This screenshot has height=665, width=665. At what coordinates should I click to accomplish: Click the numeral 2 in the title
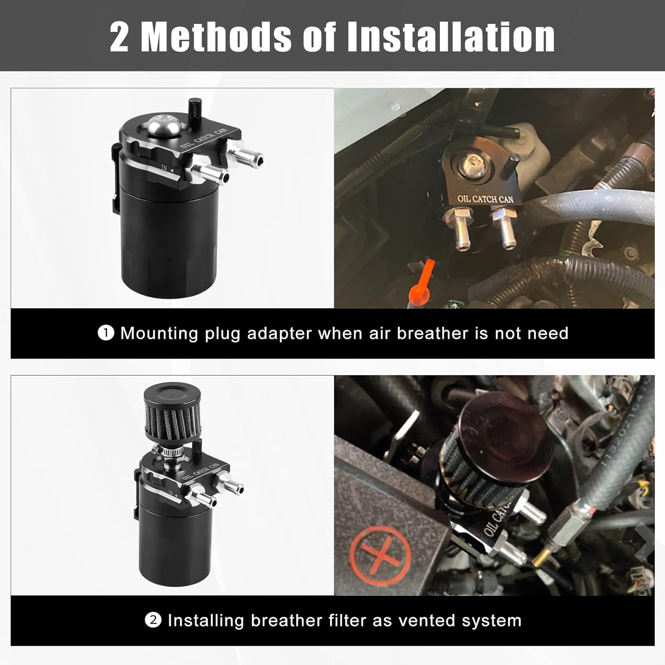pyautogui.click(x=120, y=37)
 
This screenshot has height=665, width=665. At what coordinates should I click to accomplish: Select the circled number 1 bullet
pyautogui.click(x=106, y=332)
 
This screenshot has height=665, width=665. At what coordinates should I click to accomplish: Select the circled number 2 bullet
pyautogui.click(x=153, y=620)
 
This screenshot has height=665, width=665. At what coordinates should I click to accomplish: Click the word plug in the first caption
pyautogui.click(x=223, y=333)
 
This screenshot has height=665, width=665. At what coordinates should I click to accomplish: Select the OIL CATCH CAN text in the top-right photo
pyautogui.click(x=485, y=199)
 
